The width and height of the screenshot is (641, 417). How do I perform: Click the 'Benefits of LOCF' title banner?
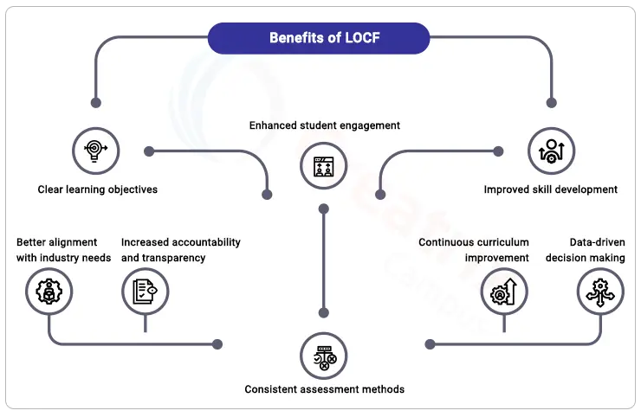coord(319,38)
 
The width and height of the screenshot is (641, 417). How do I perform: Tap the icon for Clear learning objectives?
coord(95,151)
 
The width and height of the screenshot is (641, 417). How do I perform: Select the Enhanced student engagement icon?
coord(323,166)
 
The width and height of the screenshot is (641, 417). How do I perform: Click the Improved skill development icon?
coord(551,151)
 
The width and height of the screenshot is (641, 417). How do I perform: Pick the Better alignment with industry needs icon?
coord(49,292)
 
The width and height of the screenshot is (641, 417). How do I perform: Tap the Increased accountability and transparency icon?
coord(146,292)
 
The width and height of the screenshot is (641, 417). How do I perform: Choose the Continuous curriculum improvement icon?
coord(504,292)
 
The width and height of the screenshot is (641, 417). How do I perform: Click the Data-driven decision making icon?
coord(600,292)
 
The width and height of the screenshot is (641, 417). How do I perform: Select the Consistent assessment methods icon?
coord(323,356)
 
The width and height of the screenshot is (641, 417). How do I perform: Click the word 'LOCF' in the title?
coord(362,38)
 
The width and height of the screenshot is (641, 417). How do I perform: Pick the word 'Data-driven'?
coord(598,242)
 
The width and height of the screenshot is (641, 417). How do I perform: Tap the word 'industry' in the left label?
coord(58,258)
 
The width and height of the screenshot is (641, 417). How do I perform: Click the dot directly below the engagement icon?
coord(323,209)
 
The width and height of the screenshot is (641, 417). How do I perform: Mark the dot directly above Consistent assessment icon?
coord(323,313)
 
